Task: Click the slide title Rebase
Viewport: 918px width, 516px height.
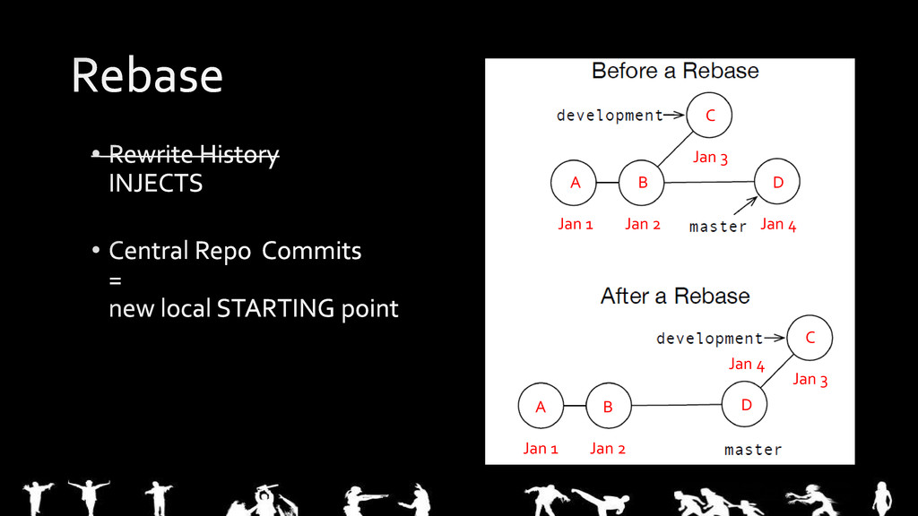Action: pyautogui.click(x=147, y=75)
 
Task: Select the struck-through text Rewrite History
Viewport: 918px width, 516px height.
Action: pyautogui.click(x=194, y=155)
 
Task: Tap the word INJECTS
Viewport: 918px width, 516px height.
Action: pyautogui.click(x=155, y=184)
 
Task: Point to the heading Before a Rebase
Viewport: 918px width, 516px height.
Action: pyautogui.click(x=675, y=71)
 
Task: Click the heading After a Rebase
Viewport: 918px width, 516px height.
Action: pyautogui.click(x=675, y=296)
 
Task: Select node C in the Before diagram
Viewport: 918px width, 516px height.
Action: pyautogui.click(x=710, y=116)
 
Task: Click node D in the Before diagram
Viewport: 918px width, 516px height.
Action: pyautogui.click(x=777, y=183)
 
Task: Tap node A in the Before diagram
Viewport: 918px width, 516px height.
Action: pyautogui.click(x=576, y=183)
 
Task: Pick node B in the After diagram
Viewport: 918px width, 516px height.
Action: pyautogui.click(x=608, y=407)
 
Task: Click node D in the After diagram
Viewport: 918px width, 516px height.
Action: pyautogui.click(x=746, y=406)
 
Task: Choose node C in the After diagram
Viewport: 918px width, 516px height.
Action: pyautogui.click(x=810, y=338)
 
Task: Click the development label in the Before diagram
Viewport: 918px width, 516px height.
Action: pyautogui.click(x=610, y=116)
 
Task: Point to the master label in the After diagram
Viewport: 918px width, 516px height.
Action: pyautogui.click(x=753, y=450)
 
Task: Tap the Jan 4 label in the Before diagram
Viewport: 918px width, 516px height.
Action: pyautogui.click(x=778, y=225)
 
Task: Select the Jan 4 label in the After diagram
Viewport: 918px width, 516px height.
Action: pyautogui.click(x=746, y=364)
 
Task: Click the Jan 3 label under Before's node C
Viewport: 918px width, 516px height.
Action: pyautogui.click(x=710, y=158)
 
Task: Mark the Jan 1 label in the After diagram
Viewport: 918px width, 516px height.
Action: pyautogui.click(x=541, y=449)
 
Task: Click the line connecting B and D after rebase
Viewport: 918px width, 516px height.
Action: pyautogui.click(x=676, y=405)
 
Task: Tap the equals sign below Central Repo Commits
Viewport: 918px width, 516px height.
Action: pyautogui.click(x=115, y=280)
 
